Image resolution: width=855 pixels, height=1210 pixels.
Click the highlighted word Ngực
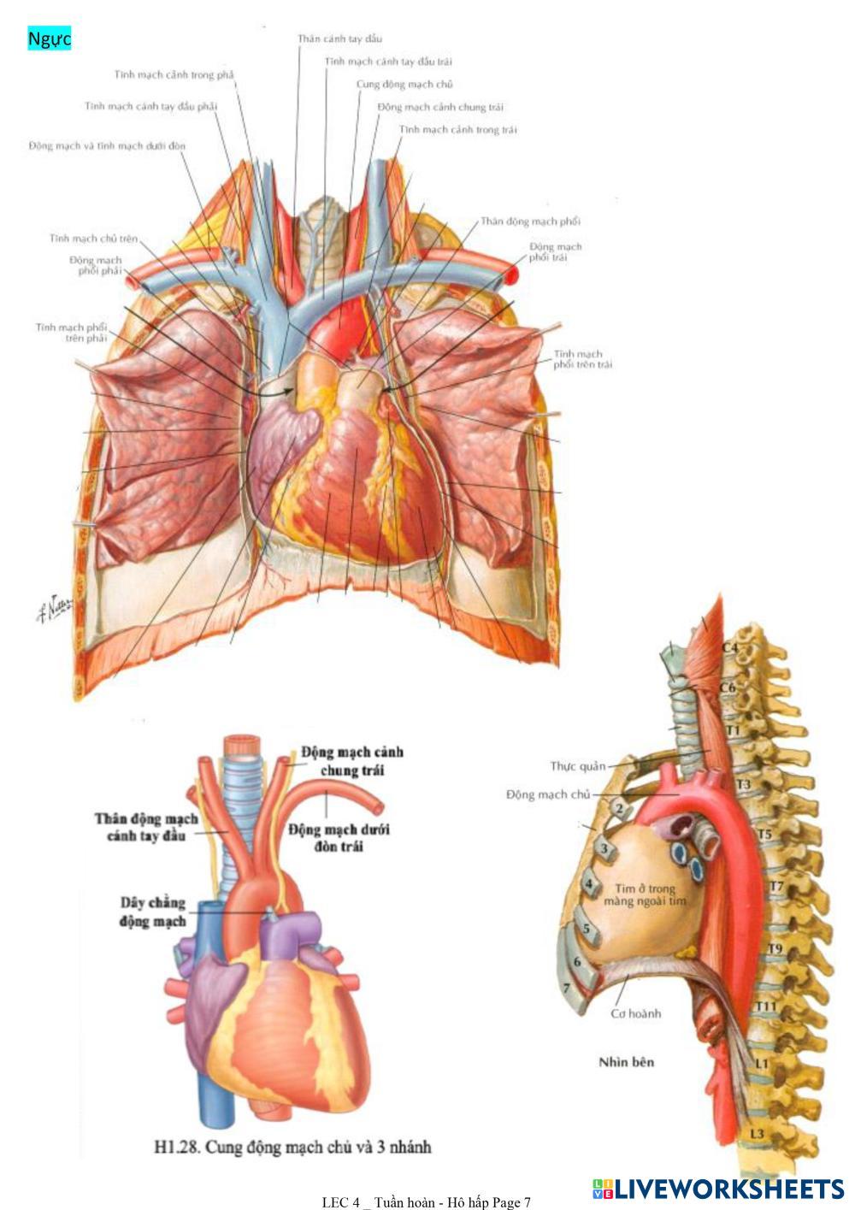[x=49, y=38]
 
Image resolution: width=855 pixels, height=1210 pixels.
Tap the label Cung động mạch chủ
[x=404, y=85]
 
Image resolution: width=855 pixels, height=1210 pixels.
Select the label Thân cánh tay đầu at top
[x=339, y=39]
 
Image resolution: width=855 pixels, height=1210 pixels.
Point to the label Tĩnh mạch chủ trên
[x=93, y=239]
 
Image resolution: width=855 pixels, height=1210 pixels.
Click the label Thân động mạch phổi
[x=530, y=221]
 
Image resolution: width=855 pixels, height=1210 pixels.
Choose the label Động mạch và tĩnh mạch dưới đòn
[x=107, y=146]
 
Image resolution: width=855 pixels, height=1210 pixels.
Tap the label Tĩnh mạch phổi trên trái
[x=582, y=359]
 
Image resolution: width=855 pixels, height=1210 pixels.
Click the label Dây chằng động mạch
[x=153, y=912]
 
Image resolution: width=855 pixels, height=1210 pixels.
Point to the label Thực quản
[x=577, y=766]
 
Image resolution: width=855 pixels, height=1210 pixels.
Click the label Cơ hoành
[x=636, y=1014]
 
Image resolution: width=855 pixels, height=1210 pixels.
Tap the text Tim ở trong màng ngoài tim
[x=646, y=894]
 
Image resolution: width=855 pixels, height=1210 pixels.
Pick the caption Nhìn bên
[x=627, y=1062]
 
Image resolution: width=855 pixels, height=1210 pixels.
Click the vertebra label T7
[x=775, y=887]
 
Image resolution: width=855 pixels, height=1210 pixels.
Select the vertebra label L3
[x=757, y=1134]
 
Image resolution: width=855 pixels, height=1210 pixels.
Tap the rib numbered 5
[x=586, y=928]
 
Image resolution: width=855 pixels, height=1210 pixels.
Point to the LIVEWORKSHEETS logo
[x=717, y=1189]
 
